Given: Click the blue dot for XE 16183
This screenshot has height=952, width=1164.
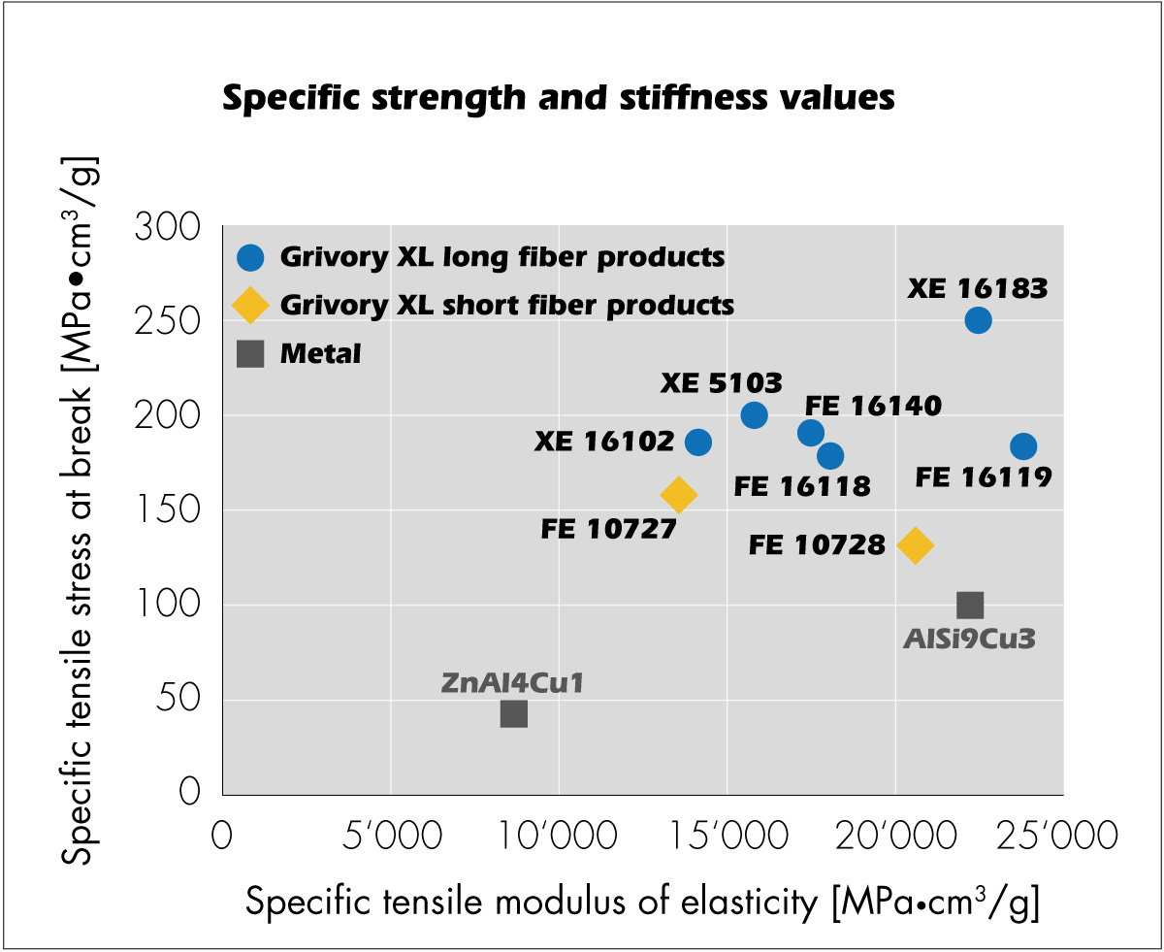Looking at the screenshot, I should pyautogui.click(x=978, y=320).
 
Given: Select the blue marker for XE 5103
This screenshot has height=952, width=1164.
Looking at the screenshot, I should pyautogui.click(x=754, y=415).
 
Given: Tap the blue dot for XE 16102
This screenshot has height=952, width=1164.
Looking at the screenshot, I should pyautogui.click(x=697, y=443).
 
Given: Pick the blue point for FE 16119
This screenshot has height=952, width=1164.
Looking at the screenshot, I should pyautogui.click(x=1023, y=446).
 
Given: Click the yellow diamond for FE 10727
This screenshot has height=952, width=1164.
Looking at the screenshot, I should pyautogui.click(x=678, y=495).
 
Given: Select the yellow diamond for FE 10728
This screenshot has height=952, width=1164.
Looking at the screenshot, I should pyautogui.click(x=915, y=545).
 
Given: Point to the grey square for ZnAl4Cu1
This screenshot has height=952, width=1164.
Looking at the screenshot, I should pyautogui.click(x=513, y=714).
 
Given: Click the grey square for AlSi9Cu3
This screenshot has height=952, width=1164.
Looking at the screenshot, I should pyautogui.click(x=970, y=606).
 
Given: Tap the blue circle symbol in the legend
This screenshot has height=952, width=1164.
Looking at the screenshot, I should pyautogui.click(x=250, y=257).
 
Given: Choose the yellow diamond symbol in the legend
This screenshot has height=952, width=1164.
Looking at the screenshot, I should pyautogui.click(x=250, y=305).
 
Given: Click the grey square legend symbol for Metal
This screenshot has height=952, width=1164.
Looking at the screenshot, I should pyautogui.click(x=250, y=353).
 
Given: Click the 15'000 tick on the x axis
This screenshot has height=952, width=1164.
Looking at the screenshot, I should pyautogui.click(x=725, y=835).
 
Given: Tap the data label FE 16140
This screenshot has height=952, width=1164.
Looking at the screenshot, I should pyautogui.click(x=873, y=406).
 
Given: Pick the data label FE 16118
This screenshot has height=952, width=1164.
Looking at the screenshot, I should pyautogui.click(x=802, y=485).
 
